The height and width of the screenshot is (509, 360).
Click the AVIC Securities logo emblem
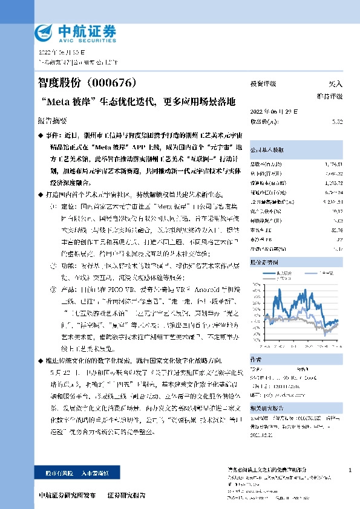46,31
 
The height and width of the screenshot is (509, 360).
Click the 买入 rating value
335,84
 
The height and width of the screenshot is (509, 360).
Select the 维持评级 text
330,96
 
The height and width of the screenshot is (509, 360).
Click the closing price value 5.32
337,121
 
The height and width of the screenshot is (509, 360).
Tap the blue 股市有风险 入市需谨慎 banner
82,472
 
